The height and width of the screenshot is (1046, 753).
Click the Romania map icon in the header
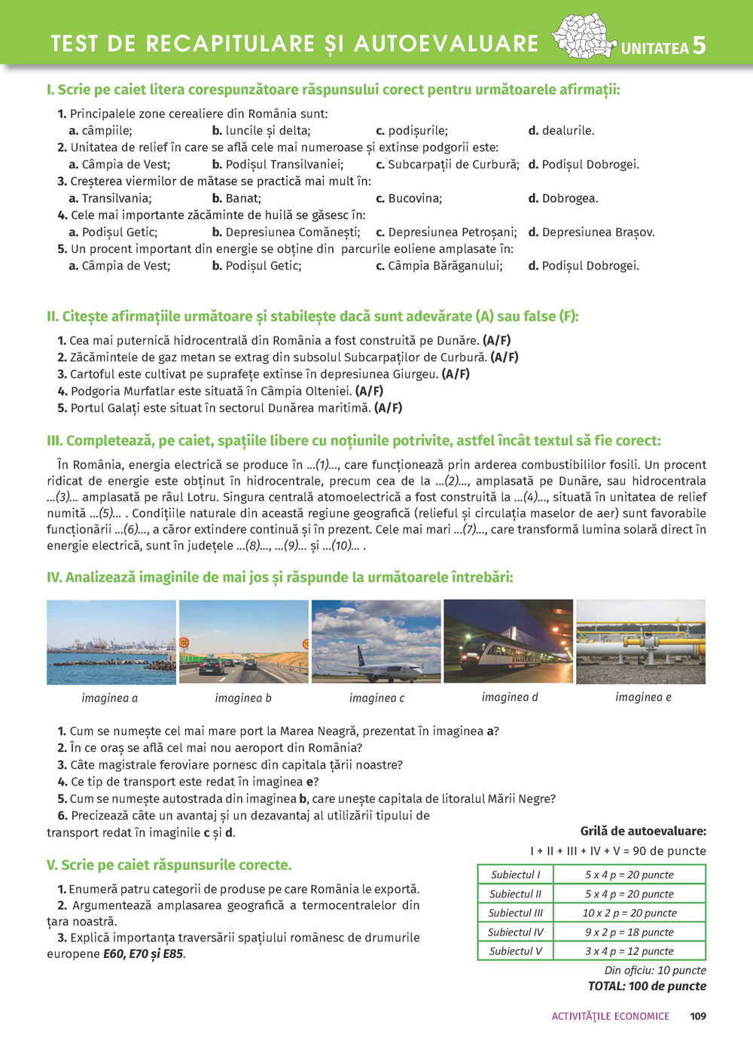coord(584,36)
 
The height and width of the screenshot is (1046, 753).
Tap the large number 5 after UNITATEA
coord(699,46)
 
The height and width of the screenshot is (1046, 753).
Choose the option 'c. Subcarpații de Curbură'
coord(447,165)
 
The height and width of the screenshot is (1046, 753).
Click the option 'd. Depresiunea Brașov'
coord(591,233)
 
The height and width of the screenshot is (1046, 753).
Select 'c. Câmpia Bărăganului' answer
coord(439,266)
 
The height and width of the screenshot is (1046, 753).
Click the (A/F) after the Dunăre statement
coord(496,341)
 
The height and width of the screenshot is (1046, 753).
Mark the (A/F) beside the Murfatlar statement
coord(369,391)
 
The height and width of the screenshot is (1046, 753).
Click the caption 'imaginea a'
coord(110,698)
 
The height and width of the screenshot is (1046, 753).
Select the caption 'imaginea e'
coord(643,698)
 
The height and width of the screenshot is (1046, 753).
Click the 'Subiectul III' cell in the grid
coord(516,914)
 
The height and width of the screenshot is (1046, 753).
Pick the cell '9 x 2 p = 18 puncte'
coord(630,932)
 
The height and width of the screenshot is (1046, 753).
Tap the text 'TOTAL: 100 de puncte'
coord(647,987)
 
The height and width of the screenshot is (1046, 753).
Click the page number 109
coord(698,1017)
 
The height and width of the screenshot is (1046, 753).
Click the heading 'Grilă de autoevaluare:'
coord(643,832)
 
